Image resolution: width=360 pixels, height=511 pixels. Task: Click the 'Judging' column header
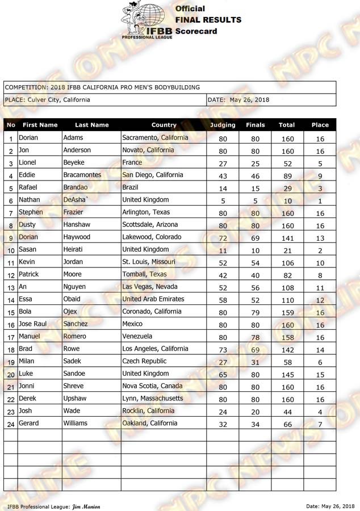click(223, 125)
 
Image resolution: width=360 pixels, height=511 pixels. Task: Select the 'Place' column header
click(320, 125)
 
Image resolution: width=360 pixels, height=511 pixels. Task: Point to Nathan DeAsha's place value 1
click(320, 200)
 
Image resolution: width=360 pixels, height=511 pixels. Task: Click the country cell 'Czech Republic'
click(145, 361)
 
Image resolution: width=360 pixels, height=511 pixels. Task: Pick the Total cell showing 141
click(287, 238)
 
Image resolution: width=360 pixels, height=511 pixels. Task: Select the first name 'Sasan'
click(28, 249)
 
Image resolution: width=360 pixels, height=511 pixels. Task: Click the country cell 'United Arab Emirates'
click(153, 299)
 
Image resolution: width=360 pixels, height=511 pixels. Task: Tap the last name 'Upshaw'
click(77, 399)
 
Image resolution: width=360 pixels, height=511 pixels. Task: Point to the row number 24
click(11, 424)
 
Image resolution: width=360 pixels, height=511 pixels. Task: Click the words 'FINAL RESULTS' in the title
click(208, 20)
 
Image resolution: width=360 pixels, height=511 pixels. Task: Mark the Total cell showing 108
click(287, 288)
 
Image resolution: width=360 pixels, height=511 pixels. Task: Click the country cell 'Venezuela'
click(137, 336)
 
